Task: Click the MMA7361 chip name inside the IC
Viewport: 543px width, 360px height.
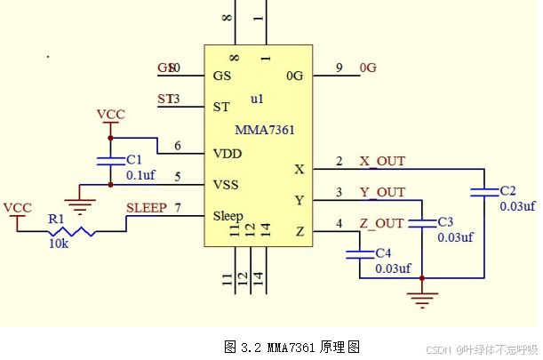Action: point(265,130)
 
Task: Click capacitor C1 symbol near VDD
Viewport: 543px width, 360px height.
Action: point(109,161)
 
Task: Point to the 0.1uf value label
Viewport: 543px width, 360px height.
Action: point(140,175)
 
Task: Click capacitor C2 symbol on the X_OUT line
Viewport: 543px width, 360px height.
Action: point(484,192)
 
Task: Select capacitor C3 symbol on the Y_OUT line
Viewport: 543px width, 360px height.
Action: point(421,221)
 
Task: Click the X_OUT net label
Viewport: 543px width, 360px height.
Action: point(381,161)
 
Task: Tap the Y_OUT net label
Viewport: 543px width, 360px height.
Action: point(381,192)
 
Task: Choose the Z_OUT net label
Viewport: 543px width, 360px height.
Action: point(381,222)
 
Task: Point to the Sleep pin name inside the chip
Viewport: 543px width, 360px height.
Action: point(228,216)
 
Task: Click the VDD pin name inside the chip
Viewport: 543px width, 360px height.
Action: point(227,153)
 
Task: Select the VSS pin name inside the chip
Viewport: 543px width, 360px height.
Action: point(227,184)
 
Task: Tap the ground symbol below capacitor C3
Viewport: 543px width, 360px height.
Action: point(421,296)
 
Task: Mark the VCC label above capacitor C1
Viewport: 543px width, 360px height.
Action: point(110,115)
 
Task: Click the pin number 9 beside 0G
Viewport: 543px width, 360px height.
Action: point(339,68)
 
